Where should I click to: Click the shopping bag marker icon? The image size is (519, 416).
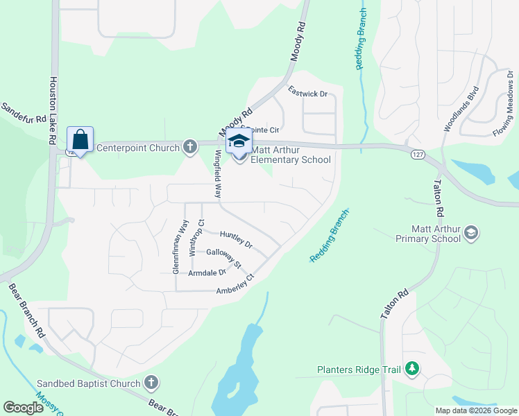[x=80, y=139]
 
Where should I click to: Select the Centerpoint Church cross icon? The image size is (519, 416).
[x=190, y=147]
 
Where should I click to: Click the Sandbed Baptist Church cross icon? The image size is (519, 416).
[x=151, y=383]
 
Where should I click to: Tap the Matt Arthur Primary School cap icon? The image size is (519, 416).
[x=471, y=232]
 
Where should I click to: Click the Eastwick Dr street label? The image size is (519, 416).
[x=307, y=92]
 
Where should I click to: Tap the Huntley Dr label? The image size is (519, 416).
[x=236, y=240]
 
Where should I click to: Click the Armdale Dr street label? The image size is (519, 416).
[x=207, y=273]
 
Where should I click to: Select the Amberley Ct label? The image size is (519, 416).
[x=236, y=284]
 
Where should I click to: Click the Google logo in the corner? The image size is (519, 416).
[x=23, y=408]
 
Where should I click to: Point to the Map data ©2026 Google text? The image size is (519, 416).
[x=475, y=410]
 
